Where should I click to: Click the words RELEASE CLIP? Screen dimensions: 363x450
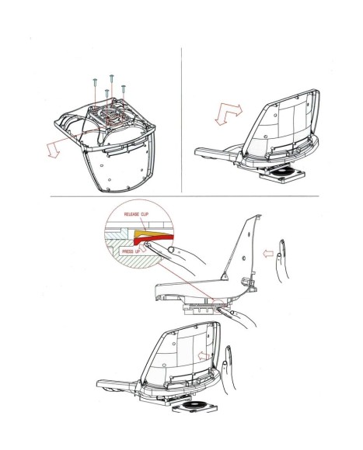(x=136, y=214)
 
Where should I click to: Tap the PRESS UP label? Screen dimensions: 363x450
(x=131, y=251)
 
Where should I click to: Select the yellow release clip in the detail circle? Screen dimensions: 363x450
(x=154, y=233)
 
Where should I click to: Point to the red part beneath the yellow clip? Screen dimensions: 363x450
(x=154, y=239)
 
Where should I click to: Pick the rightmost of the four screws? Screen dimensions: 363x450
(x=124, y=88)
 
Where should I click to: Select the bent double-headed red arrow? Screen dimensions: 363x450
(x=229, y=114)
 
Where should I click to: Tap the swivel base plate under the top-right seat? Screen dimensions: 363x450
(x=281, y=174)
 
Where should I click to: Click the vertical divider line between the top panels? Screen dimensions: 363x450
(x=181, y=120)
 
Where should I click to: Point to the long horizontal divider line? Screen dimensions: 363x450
(x=184, y=196)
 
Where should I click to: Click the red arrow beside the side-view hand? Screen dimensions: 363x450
(x=268, y=254)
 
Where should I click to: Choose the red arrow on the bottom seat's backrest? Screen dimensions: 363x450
(x=204, y=356)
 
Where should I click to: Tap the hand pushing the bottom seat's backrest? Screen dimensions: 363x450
(x=228, y=370)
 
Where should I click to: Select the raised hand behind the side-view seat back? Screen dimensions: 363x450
(x=282, y=259)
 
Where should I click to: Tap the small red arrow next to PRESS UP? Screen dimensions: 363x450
(x=143, y=247)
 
